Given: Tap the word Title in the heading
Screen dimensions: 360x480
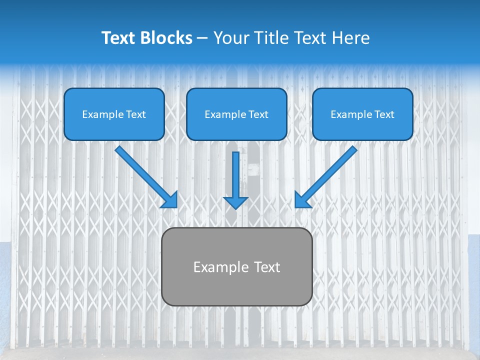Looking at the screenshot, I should tap(270, 38).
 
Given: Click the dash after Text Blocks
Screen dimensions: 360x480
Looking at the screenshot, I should tap(202, 38).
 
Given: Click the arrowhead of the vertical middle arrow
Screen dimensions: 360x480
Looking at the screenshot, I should tap(235, 202).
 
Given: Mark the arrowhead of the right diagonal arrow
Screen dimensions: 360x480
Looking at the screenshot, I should tap(301, 200).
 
